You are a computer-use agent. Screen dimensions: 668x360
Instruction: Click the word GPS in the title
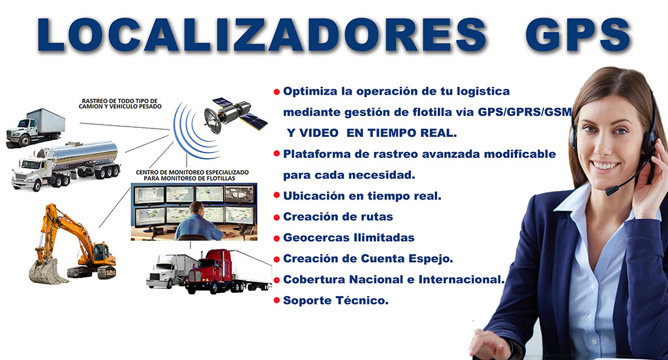[578, 35]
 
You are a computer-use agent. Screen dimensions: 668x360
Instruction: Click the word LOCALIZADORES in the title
[262, 35]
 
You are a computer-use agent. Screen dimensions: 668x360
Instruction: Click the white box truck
[36, 127]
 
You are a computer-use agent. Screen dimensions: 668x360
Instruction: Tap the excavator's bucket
[46, 271]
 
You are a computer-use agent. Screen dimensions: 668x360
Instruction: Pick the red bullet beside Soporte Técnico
[277, 301]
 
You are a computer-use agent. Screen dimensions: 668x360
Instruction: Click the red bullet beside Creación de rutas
[277, 217]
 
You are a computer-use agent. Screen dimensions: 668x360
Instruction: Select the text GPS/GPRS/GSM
[524, 112]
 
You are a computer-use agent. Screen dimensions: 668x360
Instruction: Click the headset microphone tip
[610, 191]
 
